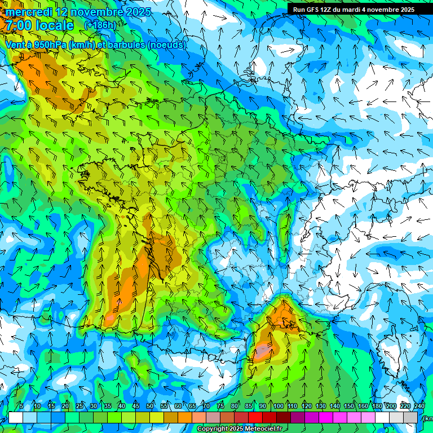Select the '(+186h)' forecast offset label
[x=100, y=25]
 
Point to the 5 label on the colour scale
[x=21, y=406]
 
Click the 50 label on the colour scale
[x=150, y=406]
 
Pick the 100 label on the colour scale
[x=278, y=406]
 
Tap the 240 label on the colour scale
[x=419, y=406]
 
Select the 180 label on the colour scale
[x=377, y=406]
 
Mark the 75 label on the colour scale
[x=220, y=406]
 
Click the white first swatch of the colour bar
[x=16, y=417]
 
